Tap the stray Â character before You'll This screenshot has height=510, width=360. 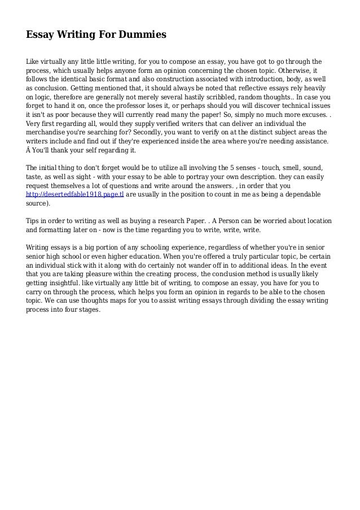29,151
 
